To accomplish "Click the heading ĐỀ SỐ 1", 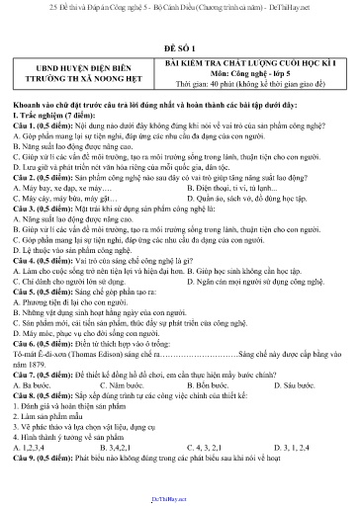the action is (179, 46).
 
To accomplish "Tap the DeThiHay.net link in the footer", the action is (180, 501).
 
